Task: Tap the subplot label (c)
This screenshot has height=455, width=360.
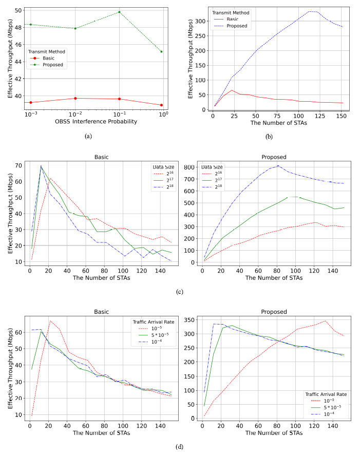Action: pos(179,292)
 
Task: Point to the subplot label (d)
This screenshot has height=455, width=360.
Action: pos(179,446)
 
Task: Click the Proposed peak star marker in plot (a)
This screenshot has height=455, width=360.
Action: pos(119,12)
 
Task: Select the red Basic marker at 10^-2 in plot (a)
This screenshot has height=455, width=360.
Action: pos(75,98)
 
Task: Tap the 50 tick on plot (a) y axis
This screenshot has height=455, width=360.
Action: pos(17,10)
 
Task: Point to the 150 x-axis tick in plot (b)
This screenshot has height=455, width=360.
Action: pos(340,116)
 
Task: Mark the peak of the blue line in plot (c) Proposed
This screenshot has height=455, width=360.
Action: pos(278,165)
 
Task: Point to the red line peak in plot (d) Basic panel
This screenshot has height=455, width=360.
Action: pos(50,320)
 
